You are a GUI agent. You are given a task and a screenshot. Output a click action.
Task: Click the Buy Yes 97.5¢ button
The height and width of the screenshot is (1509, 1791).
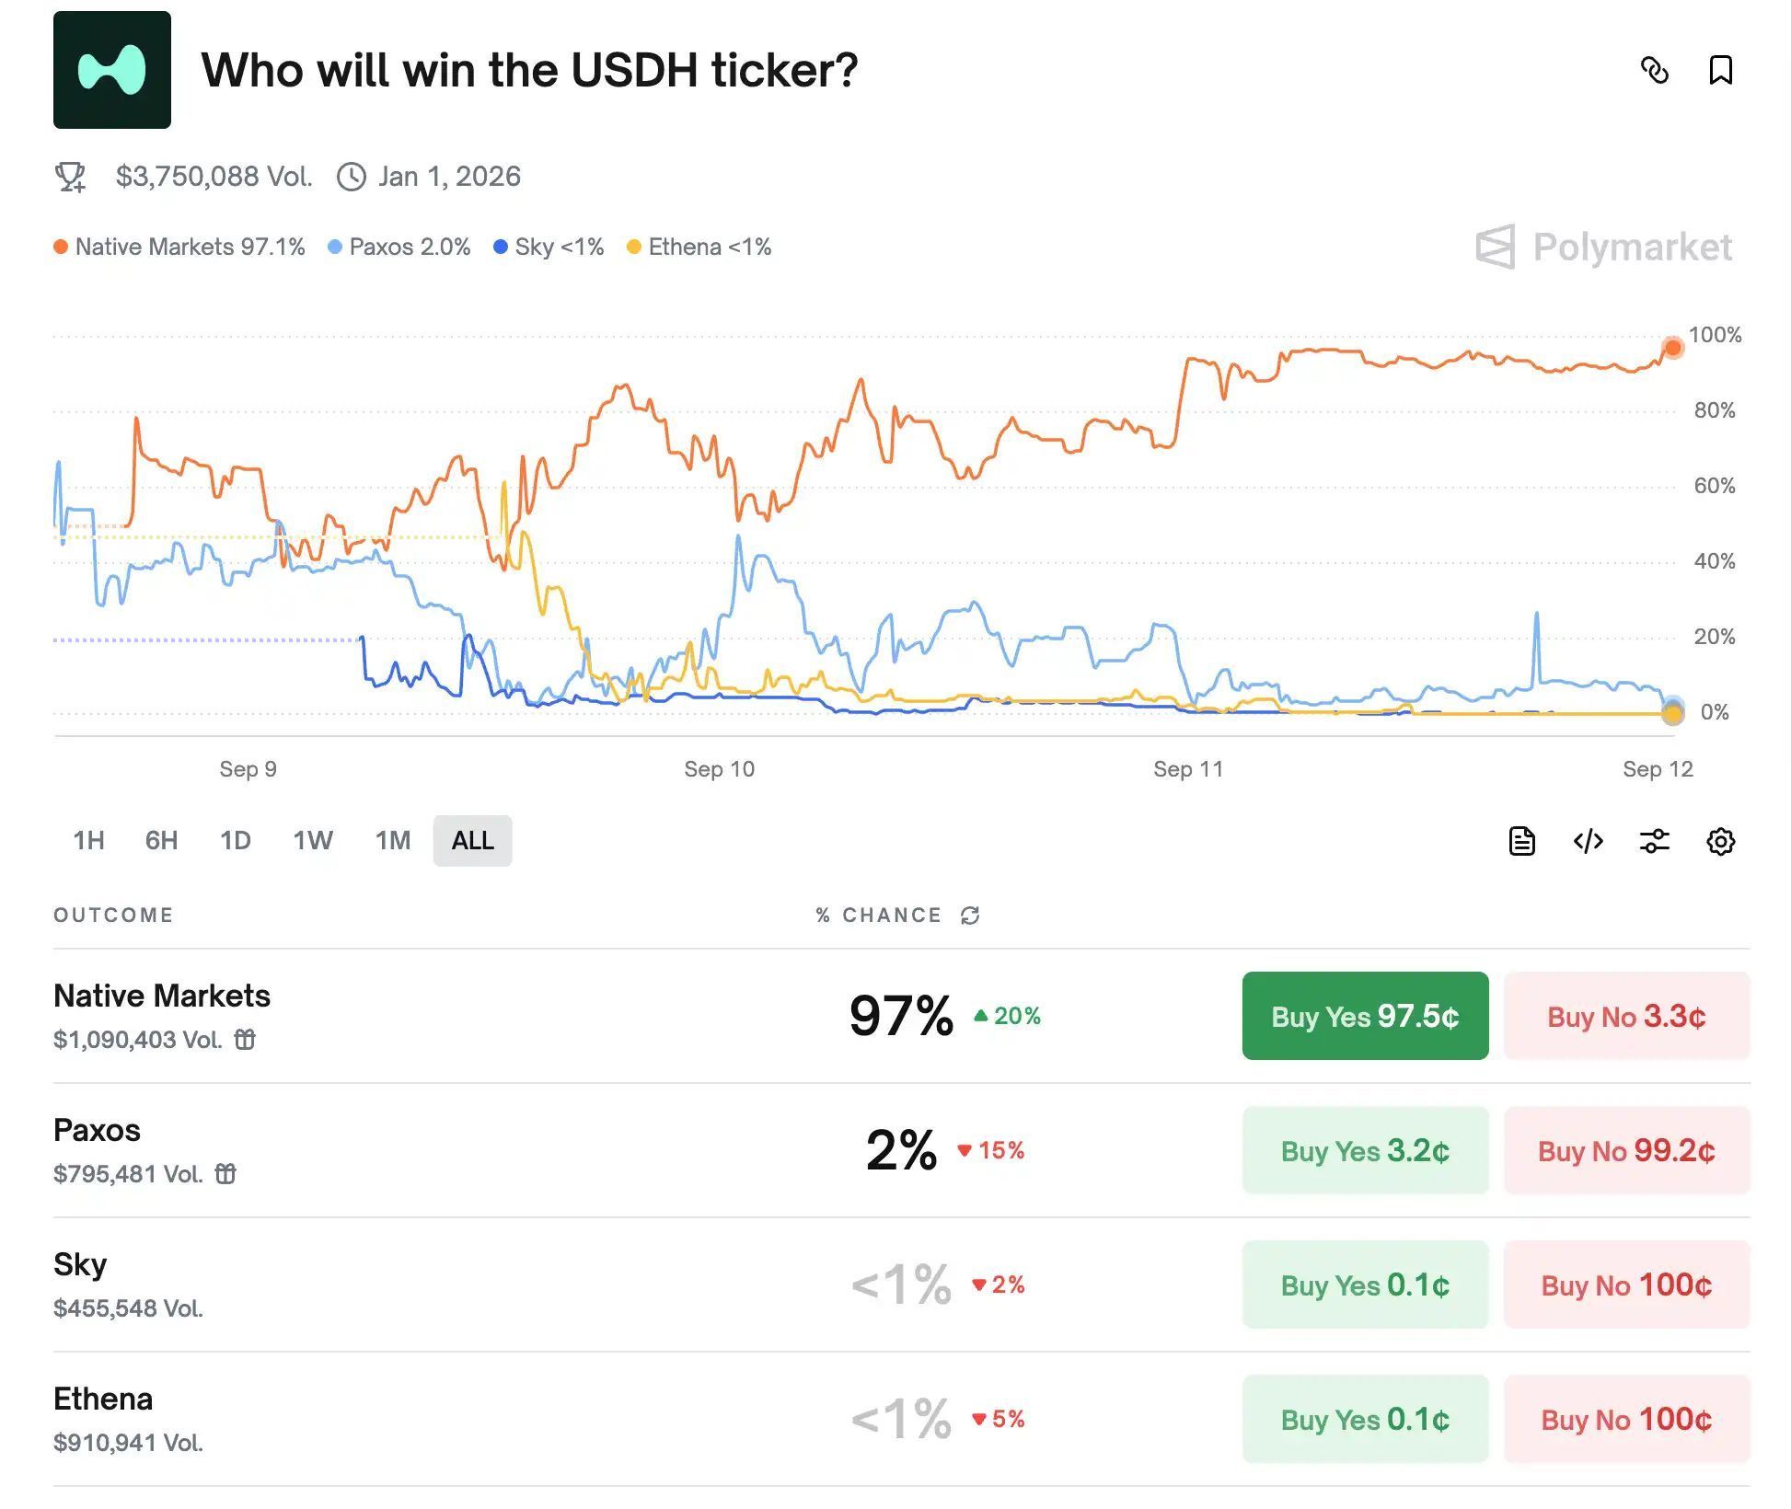click(1364, 1016)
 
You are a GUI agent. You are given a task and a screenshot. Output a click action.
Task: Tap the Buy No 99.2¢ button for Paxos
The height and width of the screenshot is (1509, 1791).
click(1625, 1150)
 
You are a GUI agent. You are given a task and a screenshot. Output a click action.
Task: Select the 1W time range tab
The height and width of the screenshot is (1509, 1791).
click(312, 840)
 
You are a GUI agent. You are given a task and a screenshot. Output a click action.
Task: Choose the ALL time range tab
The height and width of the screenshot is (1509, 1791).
click(472, 840)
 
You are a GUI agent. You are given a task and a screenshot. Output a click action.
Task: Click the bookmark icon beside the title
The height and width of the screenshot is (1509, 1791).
click(1720, 70)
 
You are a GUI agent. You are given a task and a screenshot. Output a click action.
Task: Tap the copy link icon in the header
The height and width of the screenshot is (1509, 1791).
click(1654, 70)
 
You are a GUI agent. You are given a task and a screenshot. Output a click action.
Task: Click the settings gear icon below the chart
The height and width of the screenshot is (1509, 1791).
click(1720, 841)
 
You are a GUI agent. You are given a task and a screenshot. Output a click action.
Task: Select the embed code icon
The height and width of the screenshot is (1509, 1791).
click(1588, 841)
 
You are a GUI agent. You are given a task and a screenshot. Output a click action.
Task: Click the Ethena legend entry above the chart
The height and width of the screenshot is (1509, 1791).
click(699, 247)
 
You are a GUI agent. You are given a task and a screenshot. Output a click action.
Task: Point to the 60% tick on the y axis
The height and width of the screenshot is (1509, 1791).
click(1714, 486)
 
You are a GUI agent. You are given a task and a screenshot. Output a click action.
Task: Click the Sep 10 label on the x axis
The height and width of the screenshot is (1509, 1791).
click(719, 769)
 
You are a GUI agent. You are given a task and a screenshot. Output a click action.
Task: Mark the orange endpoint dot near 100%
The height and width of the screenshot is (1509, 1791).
click(1672, 348)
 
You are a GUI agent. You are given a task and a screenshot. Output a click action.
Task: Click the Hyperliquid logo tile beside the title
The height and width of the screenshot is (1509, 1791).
click(112, 70)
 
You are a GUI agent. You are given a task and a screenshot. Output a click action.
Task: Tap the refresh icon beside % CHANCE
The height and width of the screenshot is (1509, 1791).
click(970, 916)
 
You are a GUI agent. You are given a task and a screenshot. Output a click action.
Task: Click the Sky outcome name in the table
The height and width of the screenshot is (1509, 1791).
click(80, 1264)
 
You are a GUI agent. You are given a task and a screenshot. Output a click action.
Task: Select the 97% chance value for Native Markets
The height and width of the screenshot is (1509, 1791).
click(901, 1016)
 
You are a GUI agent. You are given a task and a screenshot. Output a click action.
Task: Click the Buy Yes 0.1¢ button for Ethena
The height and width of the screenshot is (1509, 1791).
click(1364, 1419)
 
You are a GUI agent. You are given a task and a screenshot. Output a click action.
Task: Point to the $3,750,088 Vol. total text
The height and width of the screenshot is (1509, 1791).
click(214, 176)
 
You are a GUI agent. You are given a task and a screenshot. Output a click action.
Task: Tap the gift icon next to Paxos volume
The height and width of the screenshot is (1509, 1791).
click(225, 1174)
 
